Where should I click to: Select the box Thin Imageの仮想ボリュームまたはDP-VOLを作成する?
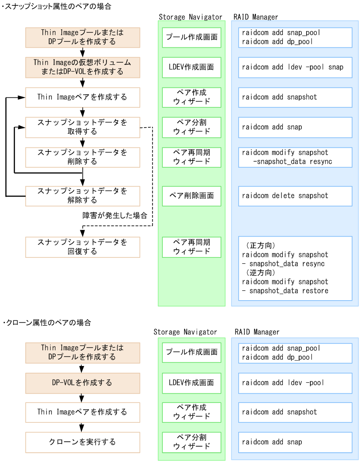[82, 67]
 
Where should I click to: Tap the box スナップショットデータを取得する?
[82, 127]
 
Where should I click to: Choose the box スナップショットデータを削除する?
[82, 157]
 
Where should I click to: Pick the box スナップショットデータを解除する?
[82, 196]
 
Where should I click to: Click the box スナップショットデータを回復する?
[82, 247]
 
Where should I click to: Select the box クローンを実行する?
[82, 442]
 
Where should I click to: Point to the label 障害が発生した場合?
[115, 215]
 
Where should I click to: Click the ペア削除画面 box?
[192, 196]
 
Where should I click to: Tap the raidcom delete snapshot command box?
[291, 196]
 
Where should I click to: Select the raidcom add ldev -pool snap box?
[291, 67]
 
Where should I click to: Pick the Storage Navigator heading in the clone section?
[185, 332]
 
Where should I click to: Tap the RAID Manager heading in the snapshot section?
[256, 17]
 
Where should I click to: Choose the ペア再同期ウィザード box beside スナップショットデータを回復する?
[192, 247]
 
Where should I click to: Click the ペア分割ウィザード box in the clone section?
[192, 442]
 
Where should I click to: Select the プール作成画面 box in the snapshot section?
[192, 37]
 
